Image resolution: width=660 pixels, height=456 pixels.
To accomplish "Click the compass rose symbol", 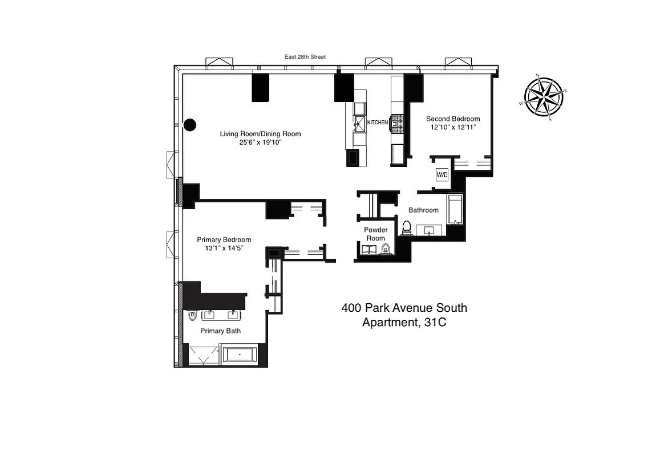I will [544, 96].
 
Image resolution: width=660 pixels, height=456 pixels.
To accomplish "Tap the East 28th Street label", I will [305, 57].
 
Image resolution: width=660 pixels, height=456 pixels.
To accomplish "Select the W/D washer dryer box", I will [442, 175].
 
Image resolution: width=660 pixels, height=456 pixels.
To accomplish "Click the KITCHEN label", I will [377, 123].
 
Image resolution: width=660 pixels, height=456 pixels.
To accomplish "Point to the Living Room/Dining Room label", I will [260, 134].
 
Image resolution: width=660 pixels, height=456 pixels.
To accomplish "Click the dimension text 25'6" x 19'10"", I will [260, 142].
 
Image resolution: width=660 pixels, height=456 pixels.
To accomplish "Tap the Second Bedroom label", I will [453, 119].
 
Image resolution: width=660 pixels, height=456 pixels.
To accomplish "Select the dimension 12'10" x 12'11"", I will [453, 128].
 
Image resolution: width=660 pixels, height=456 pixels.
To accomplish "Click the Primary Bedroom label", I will [224, 240].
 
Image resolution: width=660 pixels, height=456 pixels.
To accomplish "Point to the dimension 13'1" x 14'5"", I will [224, 249].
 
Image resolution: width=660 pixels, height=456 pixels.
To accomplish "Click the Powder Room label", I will [376, 234].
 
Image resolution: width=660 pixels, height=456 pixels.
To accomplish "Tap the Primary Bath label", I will [220, 331].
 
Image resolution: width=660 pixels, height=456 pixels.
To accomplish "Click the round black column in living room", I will [190, 124].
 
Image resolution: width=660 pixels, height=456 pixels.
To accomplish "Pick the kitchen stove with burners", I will [397, 121].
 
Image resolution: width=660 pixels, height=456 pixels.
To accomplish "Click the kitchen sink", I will [360, 122].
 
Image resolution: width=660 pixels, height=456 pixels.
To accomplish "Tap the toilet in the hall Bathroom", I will [407, 228].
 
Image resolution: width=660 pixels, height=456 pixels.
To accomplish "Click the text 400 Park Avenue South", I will [404, 308].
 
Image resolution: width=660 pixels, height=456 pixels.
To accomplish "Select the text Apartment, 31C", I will [404, 323].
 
